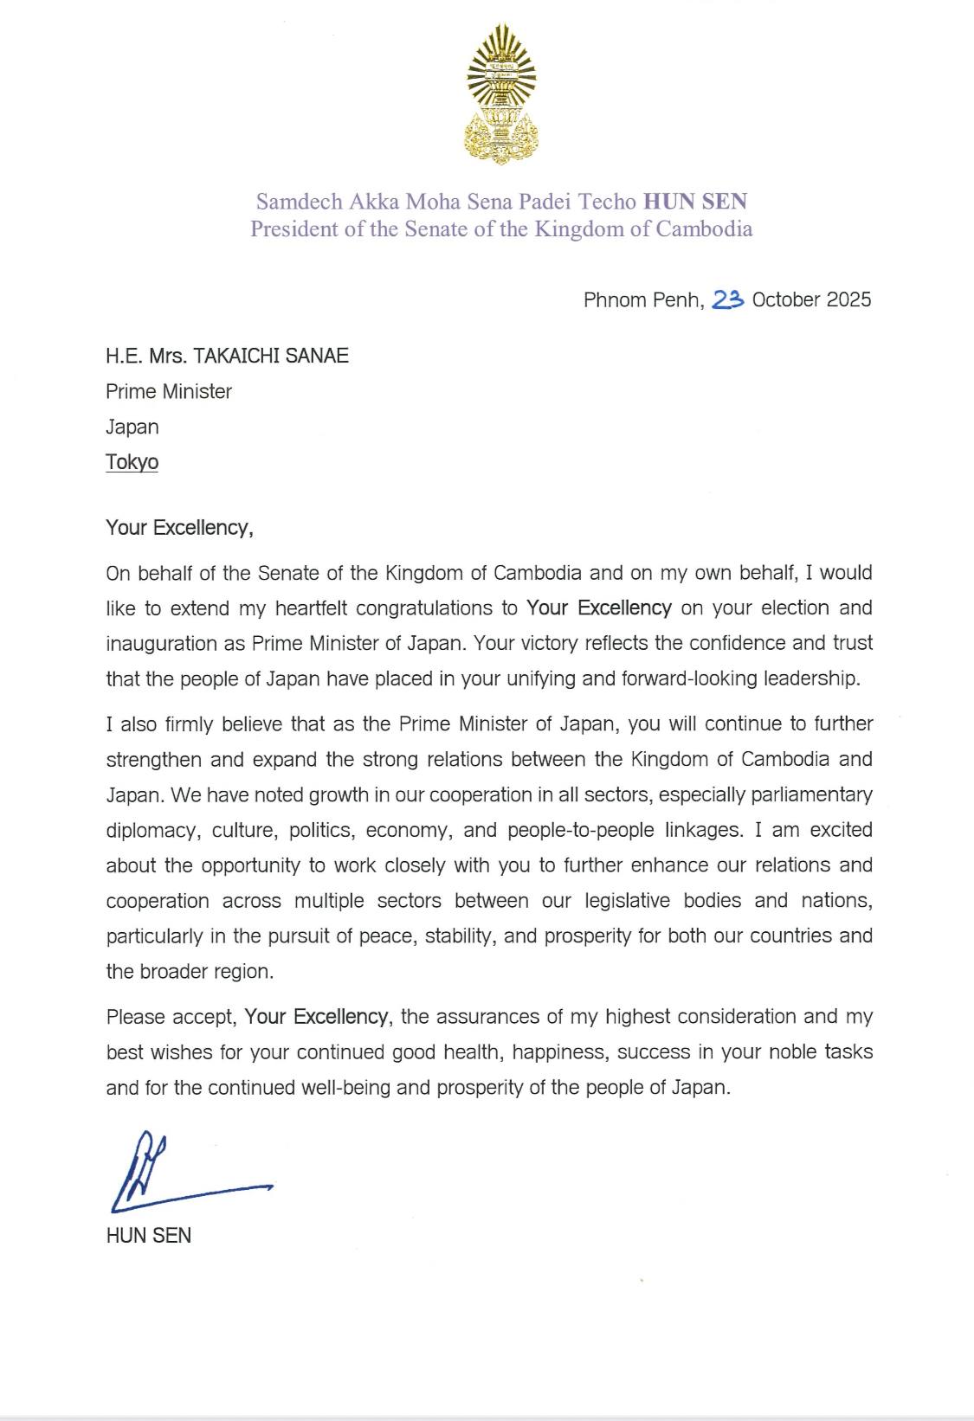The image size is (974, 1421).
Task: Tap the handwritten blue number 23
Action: pyautogui.click(x=728, y=299)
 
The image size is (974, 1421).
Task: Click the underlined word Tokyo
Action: pyautogui.click(x=132, y=462)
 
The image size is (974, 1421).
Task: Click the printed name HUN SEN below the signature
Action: pyautogui.click(x=148, y=1236)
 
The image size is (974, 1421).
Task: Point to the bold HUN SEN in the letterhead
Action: pyautogui.click(x=694, y=203)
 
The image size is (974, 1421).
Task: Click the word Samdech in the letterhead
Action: pyautogui.click(x=300, y=203)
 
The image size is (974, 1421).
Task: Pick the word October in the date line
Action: pyautogui.click(x=786, y=299)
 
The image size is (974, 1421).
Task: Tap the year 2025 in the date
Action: pyautogui.click(x=848, y=299)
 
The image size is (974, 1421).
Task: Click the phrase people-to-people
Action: pyautogui.click(x=581, y=830)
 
